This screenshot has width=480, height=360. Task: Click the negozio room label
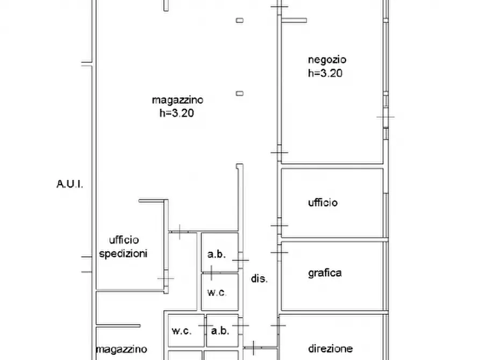click(x=327, y=60)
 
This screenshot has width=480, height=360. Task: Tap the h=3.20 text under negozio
click(x=325, y=74)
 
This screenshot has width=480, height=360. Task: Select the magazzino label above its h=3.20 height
click(x=177, y=99)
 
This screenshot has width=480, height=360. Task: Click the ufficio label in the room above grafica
click(x=323, y=203)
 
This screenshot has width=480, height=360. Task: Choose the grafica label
click(x=325, y=272)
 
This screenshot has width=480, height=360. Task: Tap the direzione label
click(x=331, y=348)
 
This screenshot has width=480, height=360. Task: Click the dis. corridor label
click(x=259, y=279)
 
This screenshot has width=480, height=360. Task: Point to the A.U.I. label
click(x=70, y=184)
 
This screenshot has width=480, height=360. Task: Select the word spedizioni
click(x=124, y=253)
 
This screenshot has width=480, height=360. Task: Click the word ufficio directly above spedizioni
click(x=124, y=240)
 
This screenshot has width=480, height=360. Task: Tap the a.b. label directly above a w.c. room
click(x=217, y=254)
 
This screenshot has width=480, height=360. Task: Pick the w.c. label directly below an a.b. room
click(x=217, y=293)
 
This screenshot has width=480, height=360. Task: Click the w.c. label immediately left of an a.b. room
click(x=181, y=331)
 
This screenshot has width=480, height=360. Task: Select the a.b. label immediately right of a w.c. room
click(x=220, y=331)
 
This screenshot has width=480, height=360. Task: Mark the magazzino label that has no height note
click(x=121, y=349)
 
